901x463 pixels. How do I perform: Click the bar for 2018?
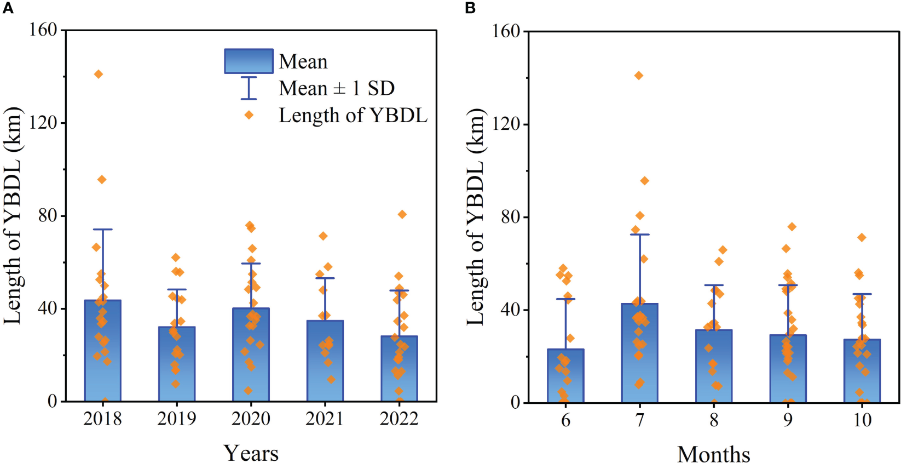102,351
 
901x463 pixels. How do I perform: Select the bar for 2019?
177,364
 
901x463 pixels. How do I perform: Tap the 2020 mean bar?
251,355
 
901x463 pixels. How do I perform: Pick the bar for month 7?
639,353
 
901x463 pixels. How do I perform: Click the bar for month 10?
862,371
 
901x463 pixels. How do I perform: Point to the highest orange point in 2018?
99,75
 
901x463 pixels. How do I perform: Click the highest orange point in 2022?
402,214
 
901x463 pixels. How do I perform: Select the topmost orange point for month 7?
639,76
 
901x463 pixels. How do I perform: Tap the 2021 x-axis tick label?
325,419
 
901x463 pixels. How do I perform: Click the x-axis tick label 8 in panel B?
714,420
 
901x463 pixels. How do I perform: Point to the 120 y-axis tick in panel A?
44,123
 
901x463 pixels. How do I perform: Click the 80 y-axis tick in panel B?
510,218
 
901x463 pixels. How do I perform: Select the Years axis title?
251,453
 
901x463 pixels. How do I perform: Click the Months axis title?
713,454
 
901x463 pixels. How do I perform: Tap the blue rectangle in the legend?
249,61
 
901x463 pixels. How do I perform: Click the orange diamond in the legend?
249,115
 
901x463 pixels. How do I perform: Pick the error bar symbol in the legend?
249,88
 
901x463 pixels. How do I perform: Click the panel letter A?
8,8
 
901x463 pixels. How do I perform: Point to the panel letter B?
470,8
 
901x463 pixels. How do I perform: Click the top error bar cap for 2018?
102,230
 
